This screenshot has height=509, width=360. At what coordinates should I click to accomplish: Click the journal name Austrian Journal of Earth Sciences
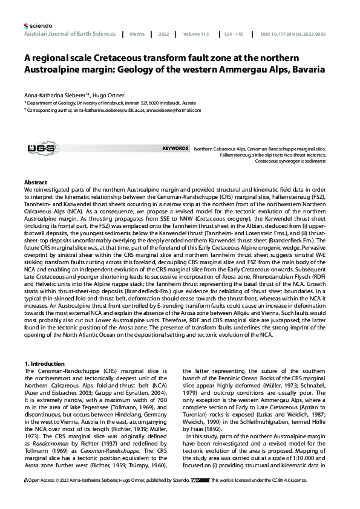coord(70,34)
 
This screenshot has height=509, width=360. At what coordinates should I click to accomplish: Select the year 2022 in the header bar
coord(163,34)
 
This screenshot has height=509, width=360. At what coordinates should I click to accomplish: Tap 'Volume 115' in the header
coord(197,34)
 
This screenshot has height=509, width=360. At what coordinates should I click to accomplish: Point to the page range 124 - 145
coord(233,34)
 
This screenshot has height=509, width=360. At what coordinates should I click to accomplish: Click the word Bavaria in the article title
coord(304,70)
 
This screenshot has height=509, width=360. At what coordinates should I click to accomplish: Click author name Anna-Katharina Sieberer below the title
coord(48,95)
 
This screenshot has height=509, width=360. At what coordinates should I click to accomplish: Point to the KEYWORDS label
coord(175,148)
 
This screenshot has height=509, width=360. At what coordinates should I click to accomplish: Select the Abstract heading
coord(35,182)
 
